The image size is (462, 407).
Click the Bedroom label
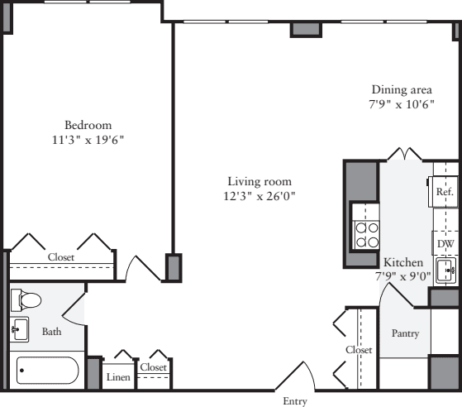pyautogui.click(x=88, y=125)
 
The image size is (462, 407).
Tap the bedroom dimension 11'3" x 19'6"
pyautogui.click(x=88, y=140)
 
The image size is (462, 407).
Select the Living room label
pyautogui.click(x=260, y=181)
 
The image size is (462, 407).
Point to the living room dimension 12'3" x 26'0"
pyautogui.click(x=260, y=196)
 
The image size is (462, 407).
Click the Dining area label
pyautogui.click(x=402, y=90)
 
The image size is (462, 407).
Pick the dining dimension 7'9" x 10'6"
pyautogui.click(x=402, y=105)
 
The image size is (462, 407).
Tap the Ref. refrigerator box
pyautogui.click(x=444, y=191)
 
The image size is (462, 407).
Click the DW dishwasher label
pyautogui.click(x=445, y=244)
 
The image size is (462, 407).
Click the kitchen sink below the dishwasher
pyautogui.click(x=446, y=270)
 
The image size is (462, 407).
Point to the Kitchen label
pyautogui.click(x=403, y=262)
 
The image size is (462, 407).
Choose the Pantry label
pyautogui.click(x=405, y=333)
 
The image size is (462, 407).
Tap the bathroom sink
pyautogui.click(x=20, y=329)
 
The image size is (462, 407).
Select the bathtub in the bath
pyautogui.click(x=46, y=371)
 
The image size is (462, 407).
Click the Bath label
pyautogui.click(x=51, y=332)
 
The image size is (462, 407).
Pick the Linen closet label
pyautogui.click(x=118, y=376)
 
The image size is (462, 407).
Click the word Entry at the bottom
pyautogui.click(x=295, y=401)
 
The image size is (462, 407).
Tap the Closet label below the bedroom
pyautogui.click(x=60, y=257)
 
